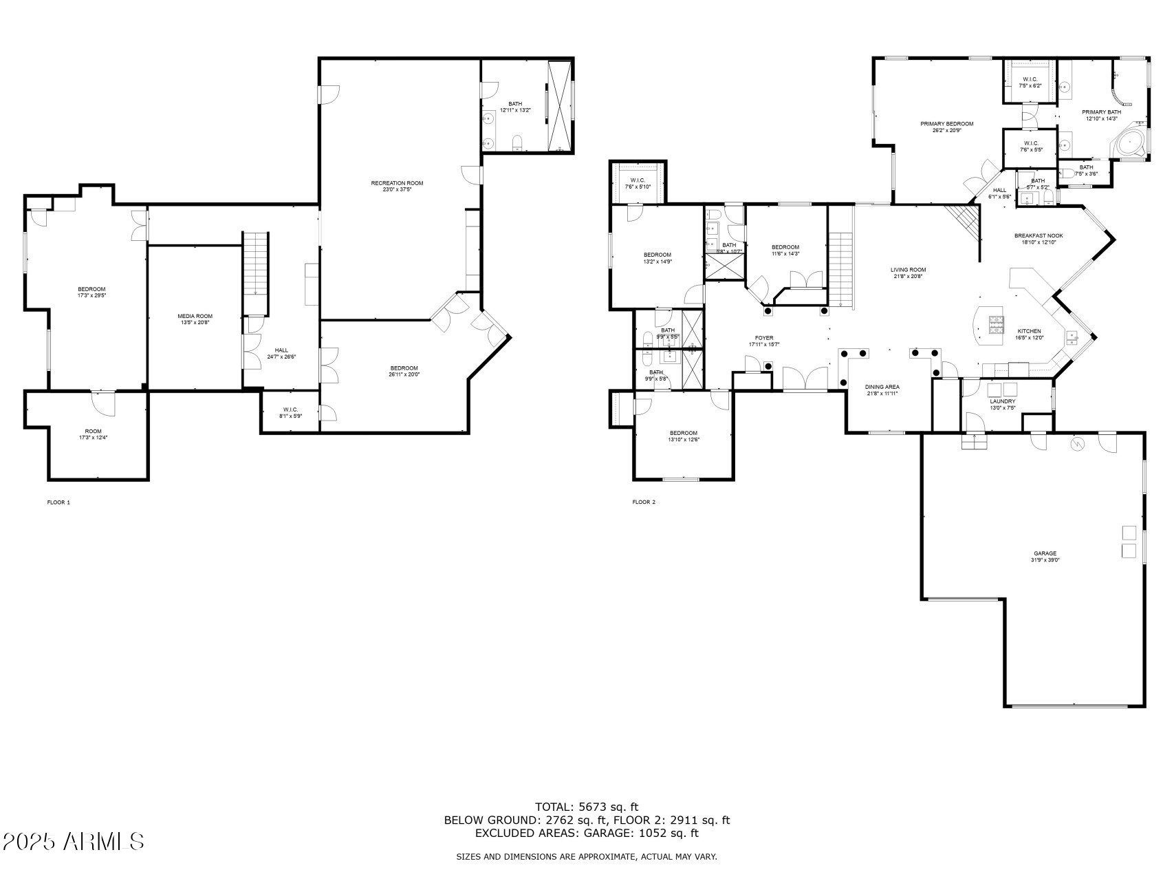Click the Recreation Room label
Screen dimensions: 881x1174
(x=397, y=183)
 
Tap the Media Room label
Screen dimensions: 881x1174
(x=195, y=317)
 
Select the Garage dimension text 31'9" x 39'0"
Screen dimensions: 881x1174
(x=1045, y=560)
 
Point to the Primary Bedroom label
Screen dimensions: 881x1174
(x=947, y=124)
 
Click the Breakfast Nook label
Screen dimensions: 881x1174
(x=1038, y=236)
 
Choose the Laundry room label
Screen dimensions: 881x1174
(x=1002, y=401)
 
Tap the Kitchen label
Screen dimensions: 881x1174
(x=1030, y=331)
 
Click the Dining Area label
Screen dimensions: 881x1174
(x=882, y=387)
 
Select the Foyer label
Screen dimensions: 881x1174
(x=763, y=338)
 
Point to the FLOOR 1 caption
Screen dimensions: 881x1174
(x=58, y=502)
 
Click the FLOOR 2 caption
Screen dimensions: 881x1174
(x=644, y=502)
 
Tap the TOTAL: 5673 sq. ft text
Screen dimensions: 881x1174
(x=587, y=807)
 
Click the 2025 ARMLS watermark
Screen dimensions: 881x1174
(x=73, y=841)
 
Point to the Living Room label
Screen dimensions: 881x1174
(x=908, y=270)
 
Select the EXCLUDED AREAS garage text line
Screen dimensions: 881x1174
(x=587, y=834)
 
